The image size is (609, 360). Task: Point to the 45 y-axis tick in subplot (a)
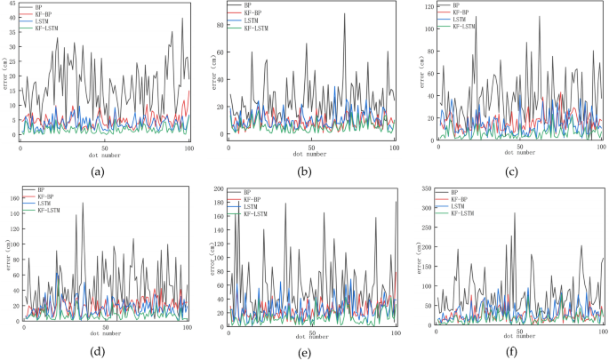pyautogui.click(x=12, y=5)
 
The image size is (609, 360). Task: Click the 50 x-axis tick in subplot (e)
pyautogui.click(x=312, y=328)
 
